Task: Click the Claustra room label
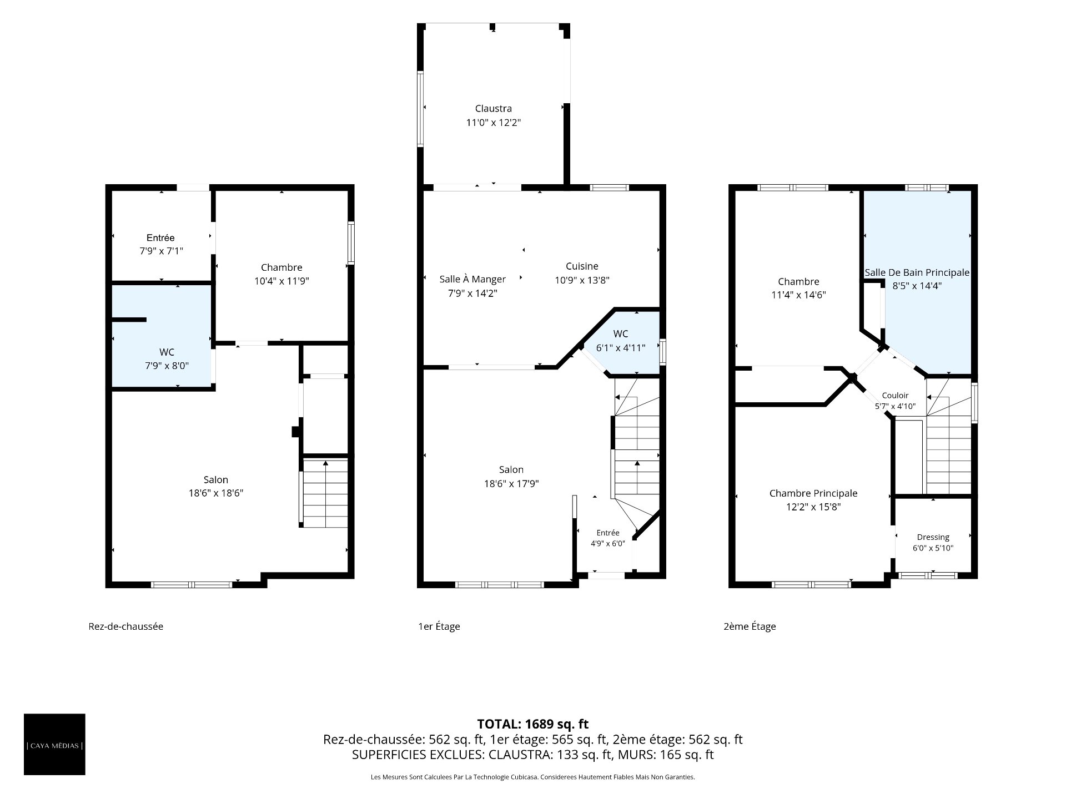click(x=493, y=109)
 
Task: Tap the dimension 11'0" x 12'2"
click(x=493, y=123)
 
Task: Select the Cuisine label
click(x=582, y=266)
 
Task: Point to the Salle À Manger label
click(x=472, y=279)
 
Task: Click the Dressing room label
click(x=933, y=537)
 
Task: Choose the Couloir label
click(x=895, y=396)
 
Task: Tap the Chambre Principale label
click(x=813, y=493)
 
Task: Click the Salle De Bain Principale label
click(x=917, y=272)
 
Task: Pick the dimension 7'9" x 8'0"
click(x=167, y=366)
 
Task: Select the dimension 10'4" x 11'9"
click(x=281, y=281)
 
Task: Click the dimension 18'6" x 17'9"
click(x=511, y=483)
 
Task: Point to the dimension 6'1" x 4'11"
click(x=621, y=348)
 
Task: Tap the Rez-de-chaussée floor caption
click(x=126, y=626)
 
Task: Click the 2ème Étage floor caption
click(x=750, y=626)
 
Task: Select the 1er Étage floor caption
click(x=439, y=626)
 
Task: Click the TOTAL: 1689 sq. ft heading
click(x=533, y=724)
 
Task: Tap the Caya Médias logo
click(x=54, y=744)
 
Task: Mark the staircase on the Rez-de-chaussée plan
click(x=325, y=493)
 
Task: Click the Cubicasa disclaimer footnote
click(x=533, y=777)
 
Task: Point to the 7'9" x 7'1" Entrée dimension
click(x=161, y=251)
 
